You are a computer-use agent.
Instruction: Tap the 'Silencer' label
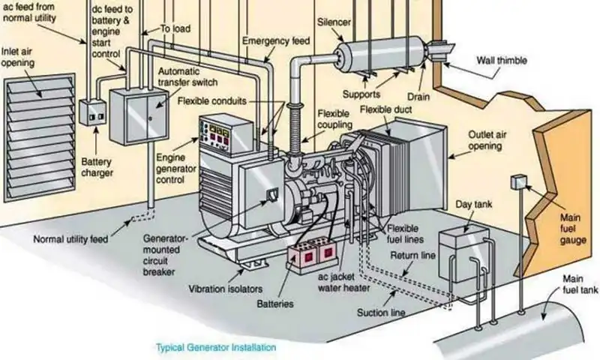(x=334, y=22)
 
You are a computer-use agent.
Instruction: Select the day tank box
(x=463, y=248)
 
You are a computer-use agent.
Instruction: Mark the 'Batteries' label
(x=274, y=304)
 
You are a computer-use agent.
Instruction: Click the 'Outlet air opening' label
(x=485, y=139)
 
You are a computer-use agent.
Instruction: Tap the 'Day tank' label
(x=470, y=204)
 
